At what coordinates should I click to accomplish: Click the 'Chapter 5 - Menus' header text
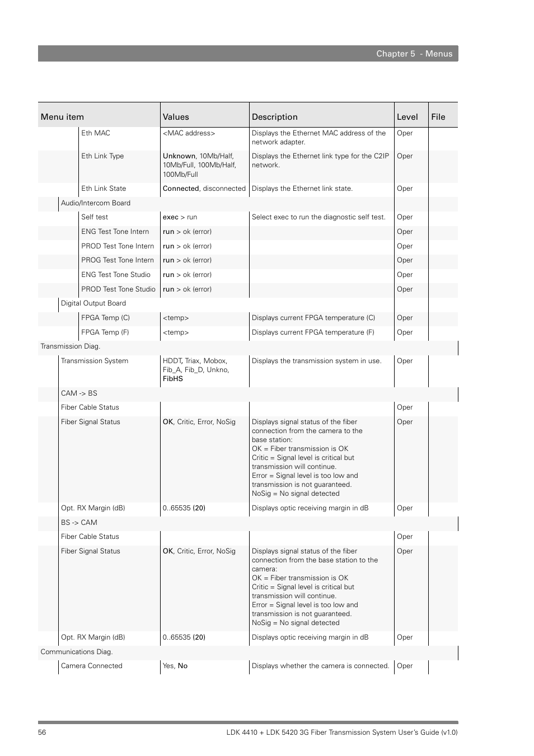414,54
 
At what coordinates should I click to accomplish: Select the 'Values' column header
176,117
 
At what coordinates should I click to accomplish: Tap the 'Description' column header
274,117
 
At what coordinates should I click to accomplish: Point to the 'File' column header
438,117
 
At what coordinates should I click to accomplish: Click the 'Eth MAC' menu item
96,133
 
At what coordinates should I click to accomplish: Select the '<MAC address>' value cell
189,133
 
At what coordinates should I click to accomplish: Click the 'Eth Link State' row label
104,189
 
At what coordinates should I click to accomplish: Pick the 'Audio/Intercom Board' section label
96,203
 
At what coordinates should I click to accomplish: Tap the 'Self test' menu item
95,217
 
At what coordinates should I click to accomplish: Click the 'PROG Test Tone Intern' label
118,260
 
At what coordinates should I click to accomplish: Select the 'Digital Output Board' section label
93,303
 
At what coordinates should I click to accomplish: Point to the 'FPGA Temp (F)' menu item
105,332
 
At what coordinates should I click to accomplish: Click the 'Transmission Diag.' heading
71,346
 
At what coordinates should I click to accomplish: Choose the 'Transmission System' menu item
95,361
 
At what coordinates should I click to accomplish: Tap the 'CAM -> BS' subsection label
79,393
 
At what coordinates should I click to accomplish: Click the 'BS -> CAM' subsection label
79,523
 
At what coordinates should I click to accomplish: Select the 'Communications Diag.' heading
77,652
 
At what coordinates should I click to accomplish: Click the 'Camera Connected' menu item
92,666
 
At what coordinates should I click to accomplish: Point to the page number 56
42,732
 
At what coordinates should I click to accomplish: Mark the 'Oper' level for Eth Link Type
405,156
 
